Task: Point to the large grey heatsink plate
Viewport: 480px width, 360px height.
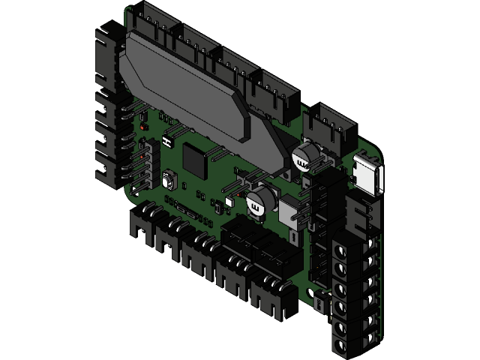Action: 187,82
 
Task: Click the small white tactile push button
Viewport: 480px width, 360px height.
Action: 169,181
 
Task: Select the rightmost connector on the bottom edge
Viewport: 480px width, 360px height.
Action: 270,296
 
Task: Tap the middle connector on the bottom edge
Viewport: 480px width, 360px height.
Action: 202,255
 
